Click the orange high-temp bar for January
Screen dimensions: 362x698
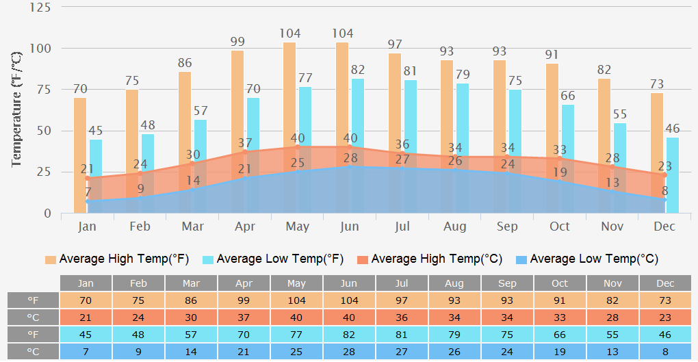[80, 137]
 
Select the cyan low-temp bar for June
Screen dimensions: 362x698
[358, 123]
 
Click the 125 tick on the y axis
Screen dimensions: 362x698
[40, 8]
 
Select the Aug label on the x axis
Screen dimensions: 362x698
[454, 227]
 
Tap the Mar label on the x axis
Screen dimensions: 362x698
[193, 227]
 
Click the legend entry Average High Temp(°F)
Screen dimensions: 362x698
[117, 259]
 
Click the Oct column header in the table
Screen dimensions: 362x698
[560, 283]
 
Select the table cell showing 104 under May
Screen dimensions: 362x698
[296, 300]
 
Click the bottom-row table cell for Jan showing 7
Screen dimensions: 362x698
[86, 352]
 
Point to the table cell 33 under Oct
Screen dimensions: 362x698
[560, 317]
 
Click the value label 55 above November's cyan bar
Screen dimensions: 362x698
[619, 115]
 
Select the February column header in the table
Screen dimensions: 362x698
[139, 283]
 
